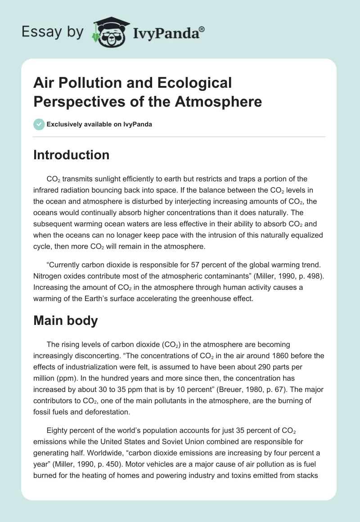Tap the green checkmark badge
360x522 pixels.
click(39, 124)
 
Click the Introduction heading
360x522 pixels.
click(72, 155)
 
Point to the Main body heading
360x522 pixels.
click(66, 321)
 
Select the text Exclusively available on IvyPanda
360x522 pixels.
click(99, 124)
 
